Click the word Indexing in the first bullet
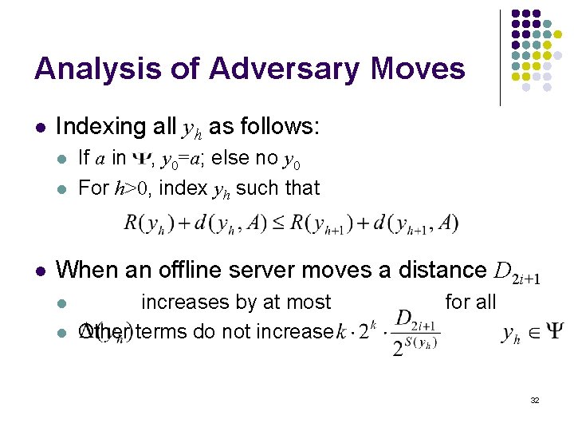[105, 127]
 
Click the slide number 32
[535, 400]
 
